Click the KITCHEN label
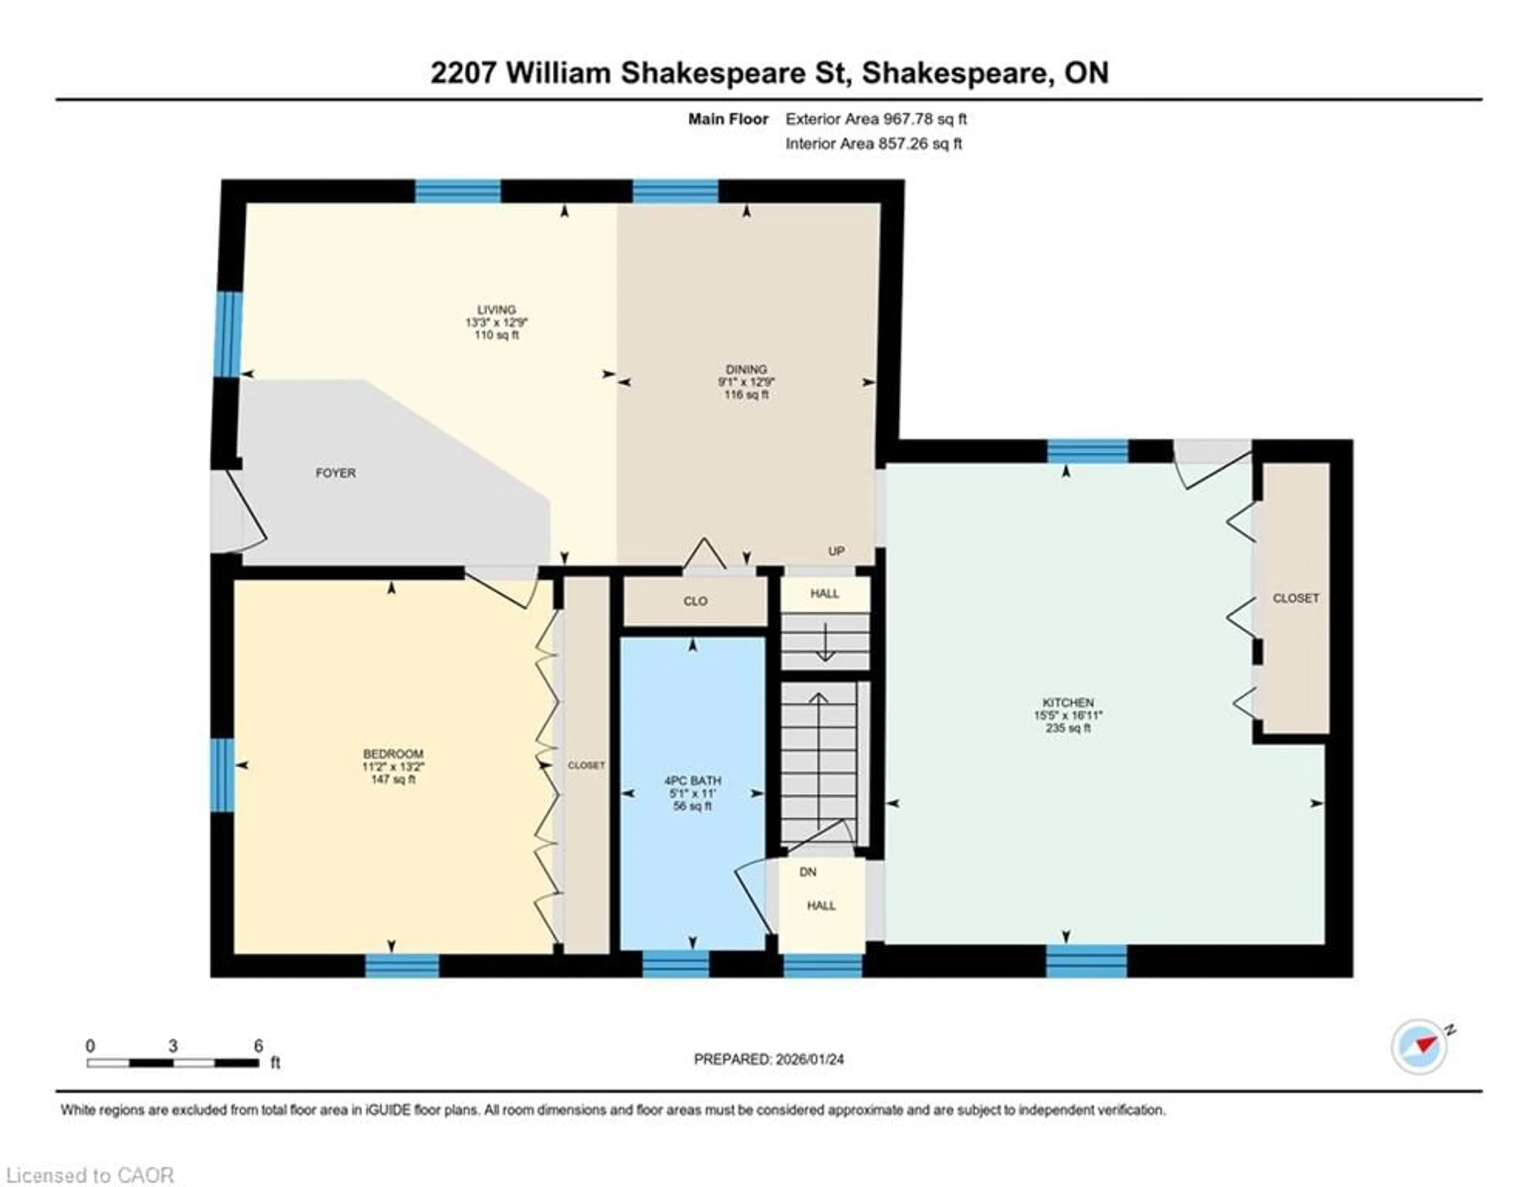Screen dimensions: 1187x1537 1067,702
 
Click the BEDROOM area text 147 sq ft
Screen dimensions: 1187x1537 393,779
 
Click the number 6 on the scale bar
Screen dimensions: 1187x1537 258,1046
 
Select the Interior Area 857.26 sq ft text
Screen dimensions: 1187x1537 873,144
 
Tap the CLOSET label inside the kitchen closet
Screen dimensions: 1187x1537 1296,598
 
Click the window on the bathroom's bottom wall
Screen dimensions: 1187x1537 676,964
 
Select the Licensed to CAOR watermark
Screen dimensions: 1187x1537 89,1175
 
